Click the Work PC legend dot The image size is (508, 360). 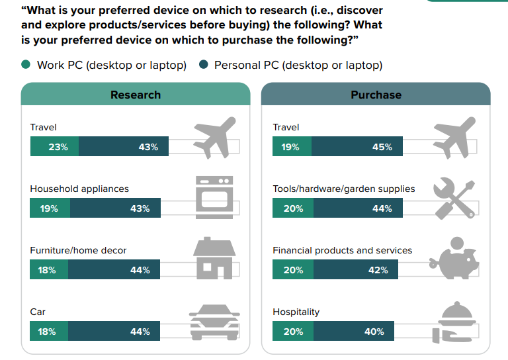click(26, 65)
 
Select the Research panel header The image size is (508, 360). click(136, 95)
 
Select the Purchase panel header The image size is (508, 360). click(376, 95)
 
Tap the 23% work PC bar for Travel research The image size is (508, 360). click(54, 147)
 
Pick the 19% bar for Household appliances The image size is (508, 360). click(50, 208)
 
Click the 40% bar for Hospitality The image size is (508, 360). click(353, 331)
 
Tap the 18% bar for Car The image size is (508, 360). click(48, 331)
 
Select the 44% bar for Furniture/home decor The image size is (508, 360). click(114, 270)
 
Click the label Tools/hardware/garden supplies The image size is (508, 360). click(344, 189)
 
